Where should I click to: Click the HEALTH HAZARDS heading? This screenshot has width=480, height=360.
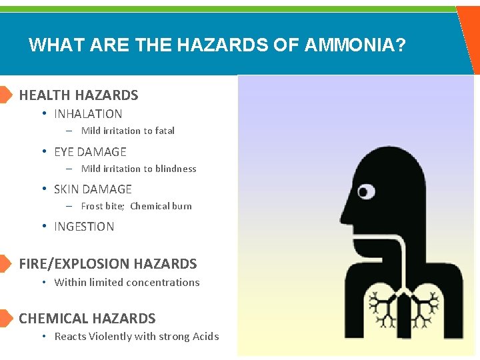point(79,95)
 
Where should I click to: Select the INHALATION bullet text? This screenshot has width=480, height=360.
point(88,114)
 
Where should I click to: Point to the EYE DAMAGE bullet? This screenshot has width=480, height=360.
point(90,152)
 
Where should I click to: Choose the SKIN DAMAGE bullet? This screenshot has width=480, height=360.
point(93,189)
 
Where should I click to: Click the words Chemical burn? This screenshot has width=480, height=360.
point(161,207)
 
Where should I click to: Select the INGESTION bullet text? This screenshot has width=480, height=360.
point(84,227)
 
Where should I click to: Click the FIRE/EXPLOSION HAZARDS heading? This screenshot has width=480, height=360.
point(108,264)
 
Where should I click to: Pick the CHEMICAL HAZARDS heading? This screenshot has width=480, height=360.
point(87,319)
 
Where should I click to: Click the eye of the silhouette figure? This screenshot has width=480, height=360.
point(366,193)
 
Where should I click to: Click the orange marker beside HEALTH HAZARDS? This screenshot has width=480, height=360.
point(5,95)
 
